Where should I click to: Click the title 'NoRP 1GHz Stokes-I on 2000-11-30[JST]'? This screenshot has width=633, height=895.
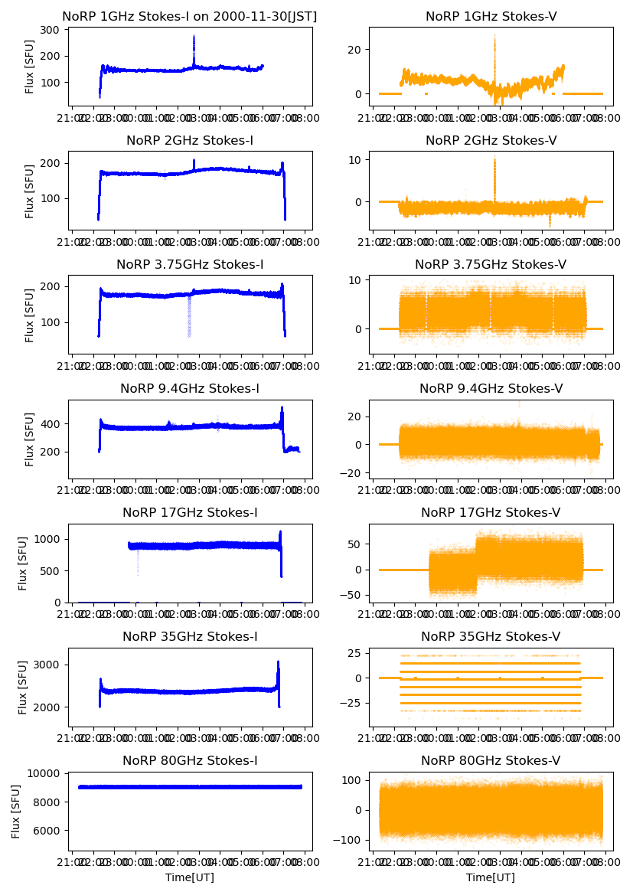point(190,16)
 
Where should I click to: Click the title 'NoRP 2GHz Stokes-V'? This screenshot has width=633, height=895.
point(491,140)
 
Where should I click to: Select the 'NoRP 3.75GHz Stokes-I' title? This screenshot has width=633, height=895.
point(190,264)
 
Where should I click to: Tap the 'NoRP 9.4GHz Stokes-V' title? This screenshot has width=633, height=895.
point(491,389)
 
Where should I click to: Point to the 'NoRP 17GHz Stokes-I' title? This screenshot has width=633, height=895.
point(190,513)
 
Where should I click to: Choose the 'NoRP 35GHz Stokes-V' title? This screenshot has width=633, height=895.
point(491,637)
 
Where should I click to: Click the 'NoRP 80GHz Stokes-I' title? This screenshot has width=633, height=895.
point(190,761)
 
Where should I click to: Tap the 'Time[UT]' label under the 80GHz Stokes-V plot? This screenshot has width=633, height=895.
point(491,877)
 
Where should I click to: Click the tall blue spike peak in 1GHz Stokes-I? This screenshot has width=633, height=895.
point(194,36)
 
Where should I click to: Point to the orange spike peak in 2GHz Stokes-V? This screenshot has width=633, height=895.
point(494,158)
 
